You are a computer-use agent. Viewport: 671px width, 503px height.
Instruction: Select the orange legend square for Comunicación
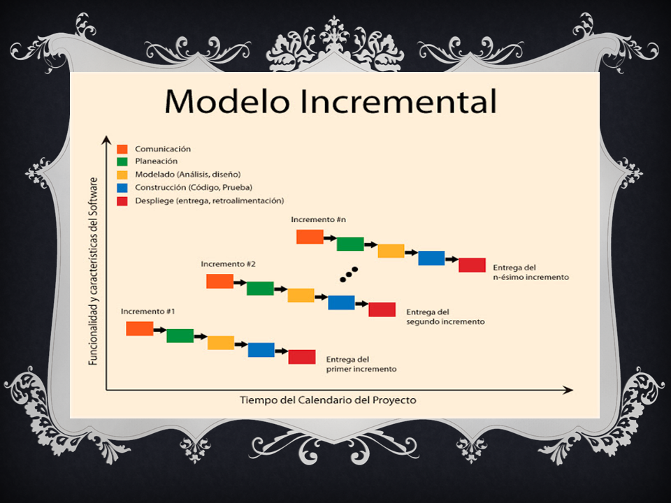tap(122, 149)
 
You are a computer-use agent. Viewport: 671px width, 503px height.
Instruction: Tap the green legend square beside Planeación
tap(122, 161)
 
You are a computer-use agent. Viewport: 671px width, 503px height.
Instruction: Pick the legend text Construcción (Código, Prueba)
tap(194, 187)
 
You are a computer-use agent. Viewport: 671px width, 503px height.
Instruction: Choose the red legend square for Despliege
tap(122, 201)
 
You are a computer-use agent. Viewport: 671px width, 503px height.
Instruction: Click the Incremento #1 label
tap(147, 311)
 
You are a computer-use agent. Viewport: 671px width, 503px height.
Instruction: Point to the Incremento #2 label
tap(228, 264)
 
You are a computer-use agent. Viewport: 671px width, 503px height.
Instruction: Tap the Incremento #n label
tap(318, 219)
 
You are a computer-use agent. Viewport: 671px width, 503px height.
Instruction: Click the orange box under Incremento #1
tap(140, 328)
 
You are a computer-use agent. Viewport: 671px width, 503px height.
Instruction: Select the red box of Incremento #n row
tap(472, 265)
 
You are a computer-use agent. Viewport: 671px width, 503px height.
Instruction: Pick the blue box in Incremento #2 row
tap(341, 302)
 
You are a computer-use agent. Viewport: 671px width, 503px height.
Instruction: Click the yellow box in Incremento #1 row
tap(221, 342)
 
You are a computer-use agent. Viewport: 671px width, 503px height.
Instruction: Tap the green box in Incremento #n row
tap(350, 244)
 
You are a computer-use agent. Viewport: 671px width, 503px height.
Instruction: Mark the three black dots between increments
tap(349, 274)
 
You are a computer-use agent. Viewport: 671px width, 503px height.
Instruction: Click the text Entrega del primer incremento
tap(361, 364)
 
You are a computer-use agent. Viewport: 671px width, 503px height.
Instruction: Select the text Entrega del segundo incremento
tap(445, 317)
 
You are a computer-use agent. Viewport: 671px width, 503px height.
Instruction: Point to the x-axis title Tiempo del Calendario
tap(328, 400)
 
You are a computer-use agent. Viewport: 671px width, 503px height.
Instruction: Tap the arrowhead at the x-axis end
tap(569, 390)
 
